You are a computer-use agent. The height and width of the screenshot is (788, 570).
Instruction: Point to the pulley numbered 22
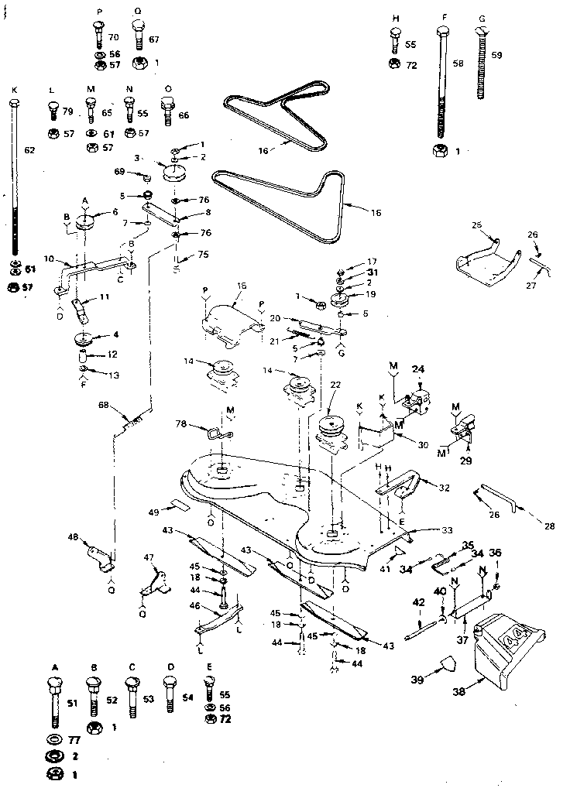[334, 427]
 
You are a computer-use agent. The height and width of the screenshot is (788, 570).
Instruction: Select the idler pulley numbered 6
[84, 221]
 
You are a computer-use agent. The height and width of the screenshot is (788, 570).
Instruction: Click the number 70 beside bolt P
[113, 36]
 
